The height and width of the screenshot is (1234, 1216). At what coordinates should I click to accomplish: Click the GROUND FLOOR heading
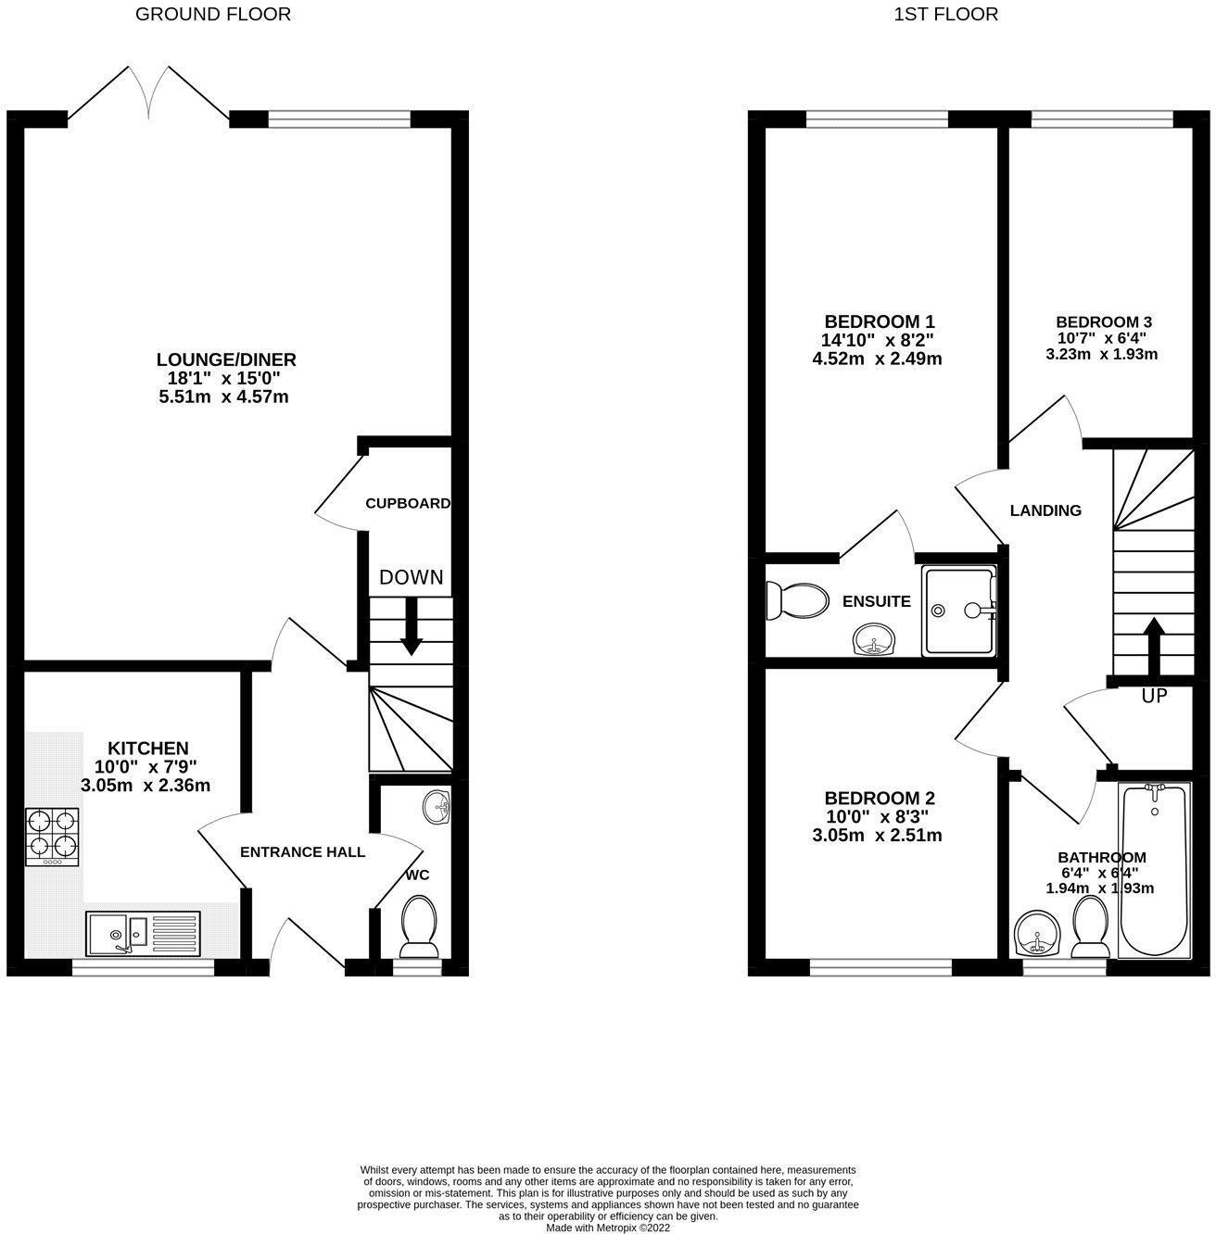(212, 14)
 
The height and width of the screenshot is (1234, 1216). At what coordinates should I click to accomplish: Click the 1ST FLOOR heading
(945, 14)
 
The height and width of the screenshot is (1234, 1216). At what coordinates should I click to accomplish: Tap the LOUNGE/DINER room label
(226, 359)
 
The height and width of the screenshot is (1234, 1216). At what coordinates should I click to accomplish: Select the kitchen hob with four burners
(52, 837)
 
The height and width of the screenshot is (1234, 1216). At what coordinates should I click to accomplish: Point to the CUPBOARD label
(407, 504)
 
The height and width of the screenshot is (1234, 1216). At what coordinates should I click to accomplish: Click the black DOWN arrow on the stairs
(411, 628)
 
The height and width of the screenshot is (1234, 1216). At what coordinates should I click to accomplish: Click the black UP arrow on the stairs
(1154, 646)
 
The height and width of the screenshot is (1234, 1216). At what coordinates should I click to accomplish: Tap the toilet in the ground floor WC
(420, 925)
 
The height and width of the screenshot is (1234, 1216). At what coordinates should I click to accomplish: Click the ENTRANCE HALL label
(302, 852)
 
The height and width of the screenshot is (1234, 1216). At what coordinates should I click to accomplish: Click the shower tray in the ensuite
(960, 611)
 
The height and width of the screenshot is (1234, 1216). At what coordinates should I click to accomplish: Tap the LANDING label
(1045, 510)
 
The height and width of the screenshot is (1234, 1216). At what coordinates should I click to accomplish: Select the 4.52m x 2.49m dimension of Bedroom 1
(876, 359)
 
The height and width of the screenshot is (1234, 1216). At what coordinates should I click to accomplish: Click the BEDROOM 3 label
(1101, 322)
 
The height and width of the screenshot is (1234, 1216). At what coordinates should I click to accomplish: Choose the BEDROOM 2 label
(880, 799)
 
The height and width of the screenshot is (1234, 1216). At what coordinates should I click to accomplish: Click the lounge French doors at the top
(148, 93)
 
